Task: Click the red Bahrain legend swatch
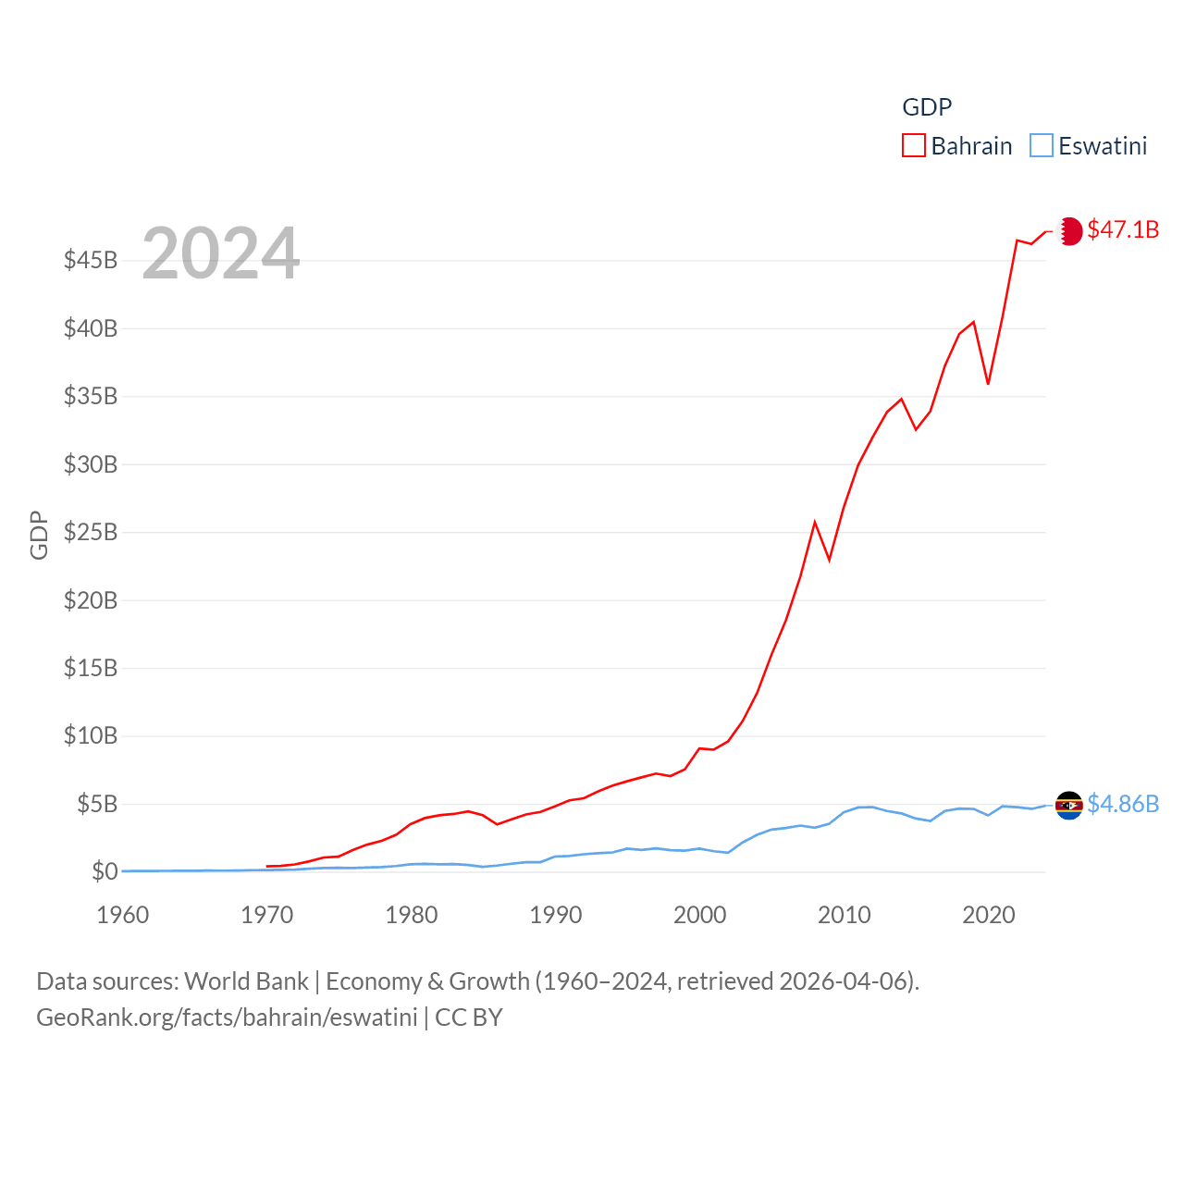coord(914,146)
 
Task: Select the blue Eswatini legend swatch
coord(1042,146)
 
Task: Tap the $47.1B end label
coord(1123,229)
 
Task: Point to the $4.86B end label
coord(1123,804)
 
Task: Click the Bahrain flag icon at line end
coord(1069,230)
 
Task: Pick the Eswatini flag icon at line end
coord(1069,805)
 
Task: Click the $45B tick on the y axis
coord(91,260)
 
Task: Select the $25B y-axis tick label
coord(91,532)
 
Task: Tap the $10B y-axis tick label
coord(91,735)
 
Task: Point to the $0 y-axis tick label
coord(105,871)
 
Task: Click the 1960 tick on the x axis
coord(123,915)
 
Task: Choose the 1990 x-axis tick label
coord(556,915)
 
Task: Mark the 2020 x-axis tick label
coord(989,915)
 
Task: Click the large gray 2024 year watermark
coord(221,253)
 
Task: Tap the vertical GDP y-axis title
coord(39,535)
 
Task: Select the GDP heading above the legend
coord(927,107)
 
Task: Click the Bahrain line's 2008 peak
coord(815,523)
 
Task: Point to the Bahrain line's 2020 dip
coord(988,383)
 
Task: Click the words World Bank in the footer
coord(246,980)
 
